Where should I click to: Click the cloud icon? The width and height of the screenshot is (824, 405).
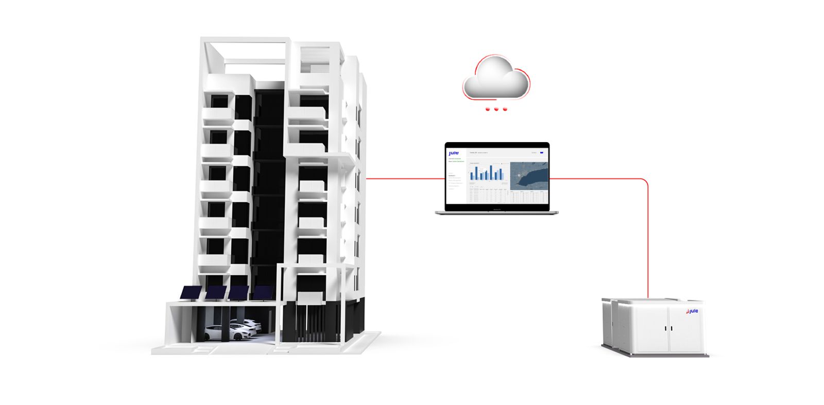point(495,78)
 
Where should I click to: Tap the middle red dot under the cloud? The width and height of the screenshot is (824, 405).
point(496,109)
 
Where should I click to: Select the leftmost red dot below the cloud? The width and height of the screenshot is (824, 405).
point(487,109)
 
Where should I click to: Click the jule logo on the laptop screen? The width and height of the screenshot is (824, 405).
point(453,153)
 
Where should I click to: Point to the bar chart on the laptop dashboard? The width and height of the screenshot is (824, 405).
point(487,172)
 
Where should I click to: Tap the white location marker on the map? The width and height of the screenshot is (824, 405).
point(519,175)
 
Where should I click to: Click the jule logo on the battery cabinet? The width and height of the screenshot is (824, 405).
point(692,311)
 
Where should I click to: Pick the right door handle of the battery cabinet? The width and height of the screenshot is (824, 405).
point(671,328)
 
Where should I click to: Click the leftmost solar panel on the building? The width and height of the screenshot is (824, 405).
point(191,293)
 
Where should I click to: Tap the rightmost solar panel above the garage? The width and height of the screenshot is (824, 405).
point(263,293)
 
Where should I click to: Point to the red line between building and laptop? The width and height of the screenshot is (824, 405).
point(405,179)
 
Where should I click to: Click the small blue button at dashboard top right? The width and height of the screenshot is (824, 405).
point(541,153)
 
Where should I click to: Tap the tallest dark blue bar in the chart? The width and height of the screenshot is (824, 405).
point(491,172)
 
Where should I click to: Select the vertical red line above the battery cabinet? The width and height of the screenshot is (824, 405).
point(647,242)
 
